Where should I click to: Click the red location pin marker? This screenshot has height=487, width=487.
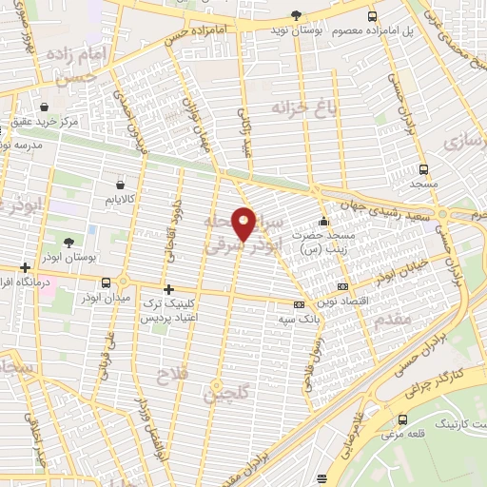tap(244, 224)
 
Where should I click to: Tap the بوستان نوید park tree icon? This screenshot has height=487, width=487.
tap(296, 14)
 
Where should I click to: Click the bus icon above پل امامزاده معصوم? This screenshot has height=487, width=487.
tap(372, 15)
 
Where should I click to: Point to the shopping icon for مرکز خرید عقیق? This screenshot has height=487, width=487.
tap(46, 106)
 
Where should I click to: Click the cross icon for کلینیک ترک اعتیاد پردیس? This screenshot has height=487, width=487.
tap(168, 288)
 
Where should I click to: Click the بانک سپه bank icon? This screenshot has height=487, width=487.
tap(300, 305)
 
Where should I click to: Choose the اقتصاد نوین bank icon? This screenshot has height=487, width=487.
tap(342, 286)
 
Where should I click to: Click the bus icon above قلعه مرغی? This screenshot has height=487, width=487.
tap(403, 419)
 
